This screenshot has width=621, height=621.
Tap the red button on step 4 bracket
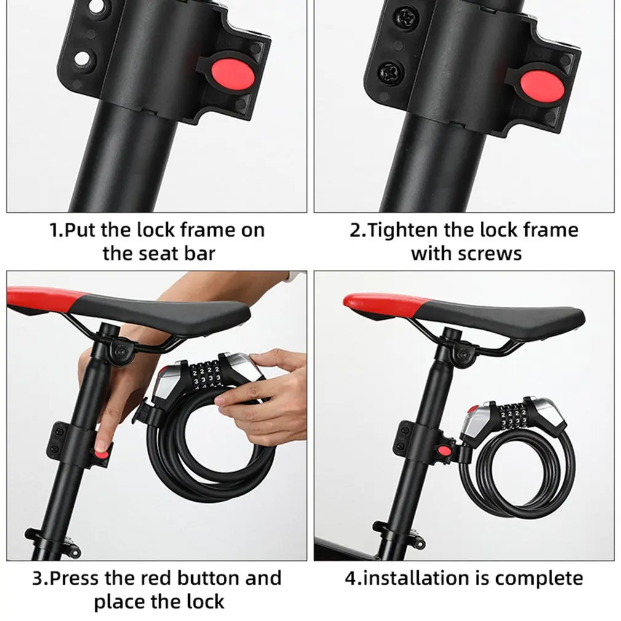[442, 453]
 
